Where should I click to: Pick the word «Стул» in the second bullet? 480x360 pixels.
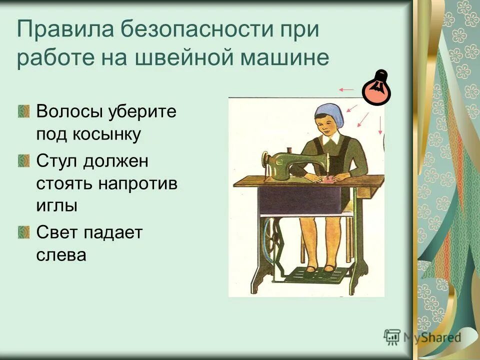56,161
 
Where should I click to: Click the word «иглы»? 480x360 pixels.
57,205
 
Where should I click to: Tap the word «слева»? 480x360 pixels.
61,254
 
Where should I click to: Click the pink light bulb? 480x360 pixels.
376,89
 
